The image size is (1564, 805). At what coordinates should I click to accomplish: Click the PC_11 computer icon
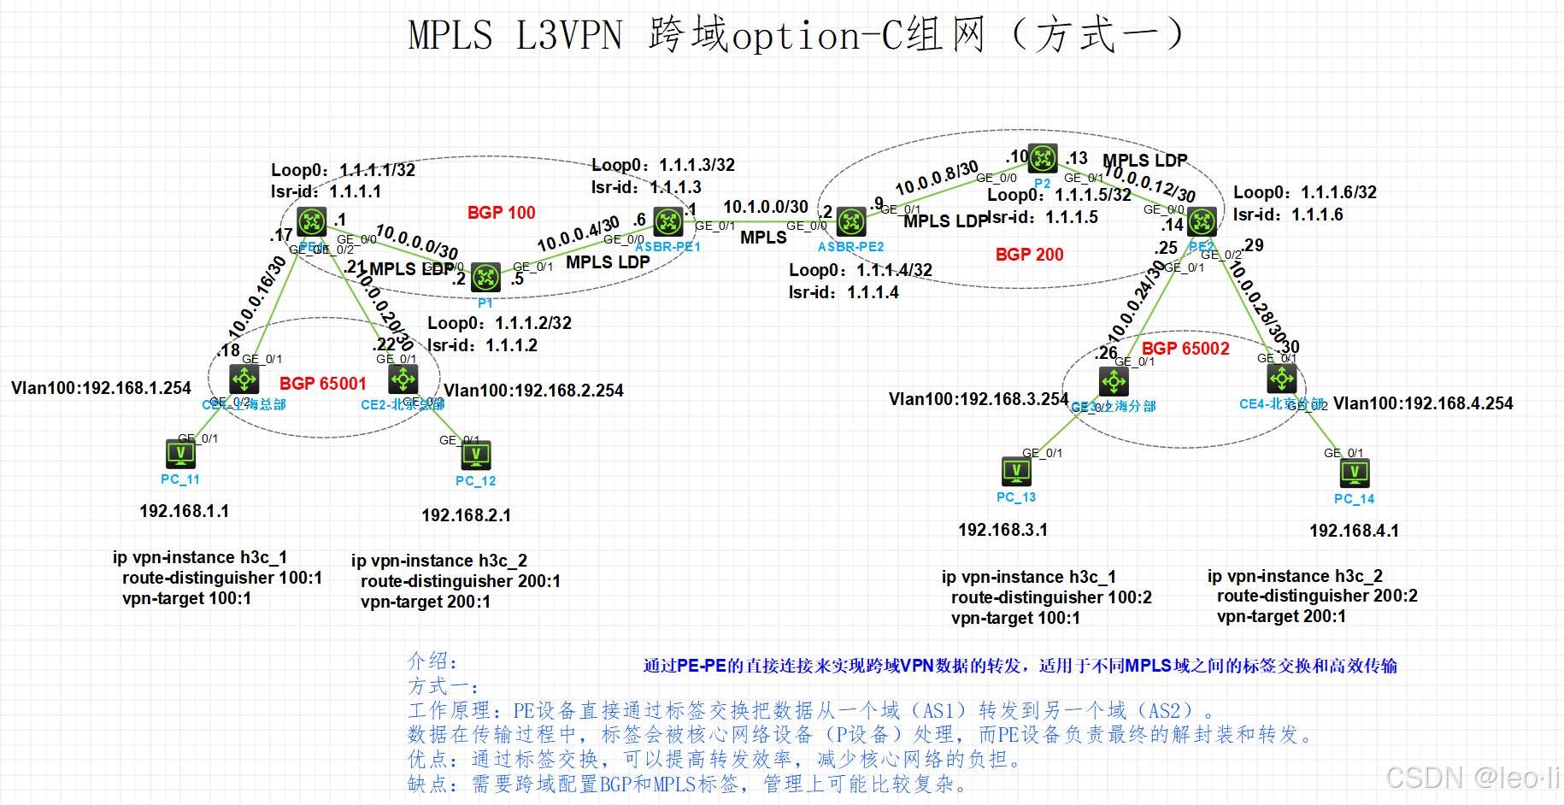tap(180, 454)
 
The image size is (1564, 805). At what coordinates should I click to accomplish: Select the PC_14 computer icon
tap(1355, 473)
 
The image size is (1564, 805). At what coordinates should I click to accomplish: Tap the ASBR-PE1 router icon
tap(668, 222)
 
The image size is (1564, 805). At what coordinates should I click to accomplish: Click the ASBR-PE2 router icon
tap(851, 222)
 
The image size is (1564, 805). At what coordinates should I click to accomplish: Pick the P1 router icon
tap(485, 278)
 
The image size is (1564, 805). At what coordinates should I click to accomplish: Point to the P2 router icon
tap(1043, 158)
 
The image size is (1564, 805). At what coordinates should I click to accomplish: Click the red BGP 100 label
tap(501, 213)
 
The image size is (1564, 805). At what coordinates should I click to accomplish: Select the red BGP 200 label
tap(1029, 255)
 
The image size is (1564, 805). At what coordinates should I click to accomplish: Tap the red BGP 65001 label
tap(322, 384)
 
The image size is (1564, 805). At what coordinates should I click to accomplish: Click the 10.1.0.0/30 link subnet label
tap(765, 207)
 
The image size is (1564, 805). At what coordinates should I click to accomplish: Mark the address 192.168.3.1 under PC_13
tap(1002, 530)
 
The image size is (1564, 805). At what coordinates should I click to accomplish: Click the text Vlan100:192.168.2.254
tap(533, 391)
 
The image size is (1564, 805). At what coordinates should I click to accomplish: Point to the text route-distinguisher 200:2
tap(1316, 596)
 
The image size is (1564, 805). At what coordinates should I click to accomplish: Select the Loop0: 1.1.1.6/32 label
tap(1304, 192)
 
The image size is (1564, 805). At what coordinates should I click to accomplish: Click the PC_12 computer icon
tap(476, 455)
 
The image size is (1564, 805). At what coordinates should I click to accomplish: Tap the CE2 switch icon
tap(403, 379)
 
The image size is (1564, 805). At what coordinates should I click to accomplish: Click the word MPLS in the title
tap(450, 36)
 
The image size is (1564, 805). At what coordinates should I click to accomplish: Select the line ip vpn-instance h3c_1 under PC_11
tap(199, 557)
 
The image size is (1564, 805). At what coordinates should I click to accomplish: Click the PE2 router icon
tap(1202, 222)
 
